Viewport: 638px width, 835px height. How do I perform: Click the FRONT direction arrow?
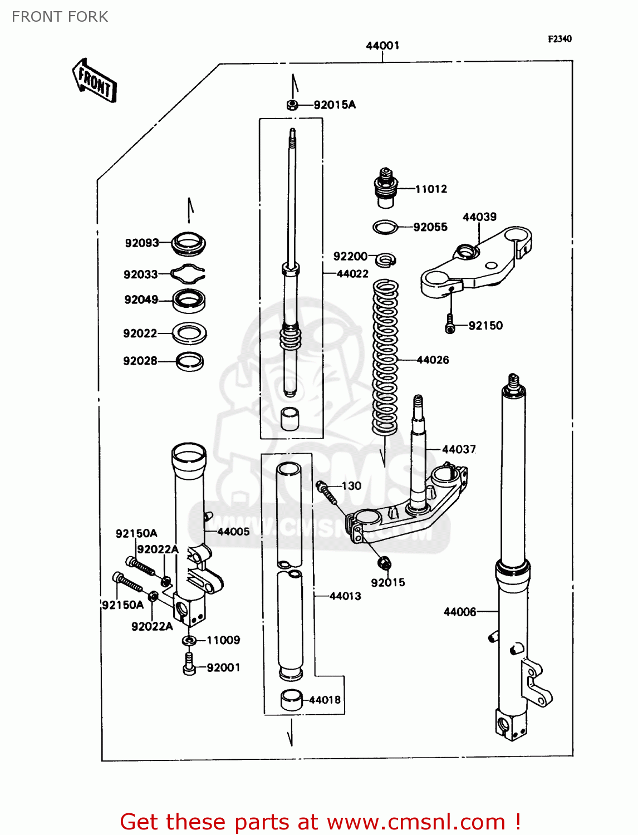pyautogui.click(x=95, y=81)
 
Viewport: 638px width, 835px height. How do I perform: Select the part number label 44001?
pyautogui.click(x=382, y=46)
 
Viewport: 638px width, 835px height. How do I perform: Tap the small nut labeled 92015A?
pyautogui.click(x=292, y=105)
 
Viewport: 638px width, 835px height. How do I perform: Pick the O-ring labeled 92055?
pyautogui.click(x=385, y=227)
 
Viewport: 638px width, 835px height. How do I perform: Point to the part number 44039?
pyautogui.click(x=479, y=217)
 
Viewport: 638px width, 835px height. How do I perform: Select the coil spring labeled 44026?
pyautogui.click(x=385, y=356)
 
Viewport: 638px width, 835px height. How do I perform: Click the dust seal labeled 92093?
pyautogui.click(x=188, y=243)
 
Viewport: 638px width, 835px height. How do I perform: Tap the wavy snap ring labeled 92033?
pyautogui.click(x=188, y=273)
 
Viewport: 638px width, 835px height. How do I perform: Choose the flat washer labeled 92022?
pyautogui.click(x=189, y=333)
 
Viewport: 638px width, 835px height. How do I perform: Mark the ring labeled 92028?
pyautogui.click(x=189, y=361)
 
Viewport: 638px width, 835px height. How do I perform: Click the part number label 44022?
pyautogui.click(x=352, y=274)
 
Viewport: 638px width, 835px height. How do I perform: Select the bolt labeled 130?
pyautogui.click(x=326, y=492)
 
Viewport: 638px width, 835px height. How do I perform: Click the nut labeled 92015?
pyautogui.click(x=384, y=563)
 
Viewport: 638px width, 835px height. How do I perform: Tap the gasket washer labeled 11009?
pyautogui.click(x=189, y=641)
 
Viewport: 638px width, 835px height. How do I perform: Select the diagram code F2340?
pyautogui.click(x=560, y=39)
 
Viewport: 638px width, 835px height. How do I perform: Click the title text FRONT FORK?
pyautogui.click(x=60, y=17)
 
